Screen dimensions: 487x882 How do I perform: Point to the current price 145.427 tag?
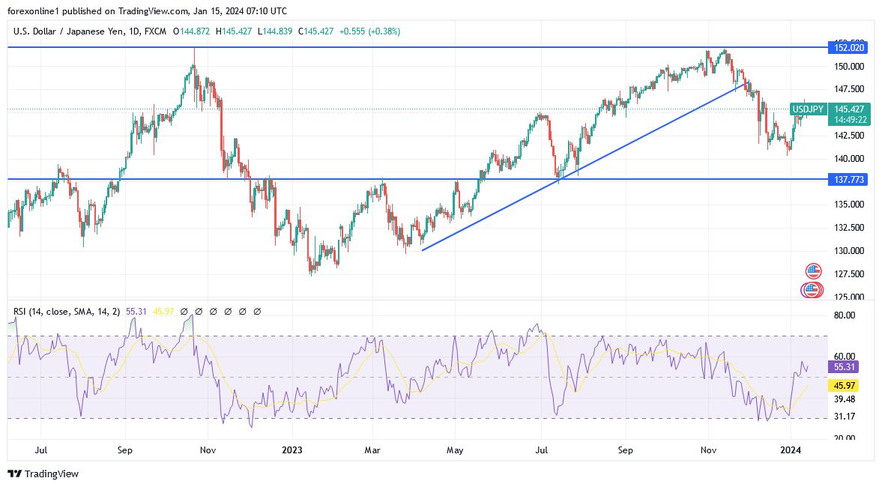(x=851, y=109)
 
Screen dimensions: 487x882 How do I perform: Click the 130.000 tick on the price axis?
(x=848, y=251)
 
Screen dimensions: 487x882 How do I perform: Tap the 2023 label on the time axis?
(x=291, y=450)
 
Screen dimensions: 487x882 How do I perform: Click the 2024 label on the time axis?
(x=791, y=450)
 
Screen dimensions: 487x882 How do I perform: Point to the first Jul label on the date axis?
(x=41, y=450)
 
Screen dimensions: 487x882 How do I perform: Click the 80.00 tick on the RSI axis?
(x=844, y=315)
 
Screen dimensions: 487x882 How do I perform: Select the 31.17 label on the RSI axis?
(x=844, y=417)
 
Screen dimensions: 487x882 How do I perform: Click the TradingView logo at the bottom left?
(x=43, y=474)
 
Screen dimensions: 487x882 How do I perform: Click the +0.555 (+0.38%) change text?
(x=369, y=31)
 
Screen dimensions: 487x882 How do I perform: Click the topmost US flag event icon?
(x=813, y=270)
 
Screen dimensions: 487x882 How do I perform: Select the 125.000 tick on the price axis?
(x=848, y=297)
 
